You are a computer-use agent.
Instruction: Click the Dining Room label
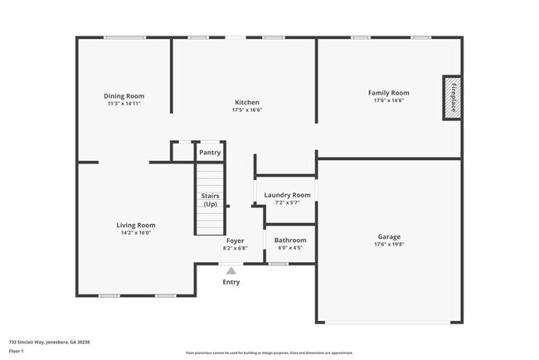(124, 96)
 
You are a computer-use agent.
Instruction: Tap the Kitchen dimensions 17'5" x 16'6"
(248, 109)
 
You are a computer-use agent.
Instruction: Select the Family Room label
(389, 93)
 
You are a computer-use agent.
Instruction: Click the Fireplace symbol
(453, 98)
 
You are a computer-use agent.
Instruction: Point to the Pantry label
(210, 153)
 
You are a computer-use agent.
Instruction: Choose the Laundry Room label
(287, 195)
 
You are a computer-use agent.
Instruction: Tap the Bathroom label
(290, 241)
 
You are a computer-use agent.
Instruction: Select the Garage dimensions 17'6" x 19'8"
(389, 245)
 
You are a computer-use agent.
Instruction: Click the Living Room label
(135, 225)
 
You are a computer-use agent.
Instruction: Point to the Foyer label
(235, 241)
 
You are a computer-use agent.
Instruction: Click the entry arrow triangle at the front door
(231, 270)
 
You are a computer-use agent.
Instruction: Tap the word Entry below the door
(231, 282)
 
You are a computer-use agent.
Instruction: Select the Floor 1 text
(17, 352)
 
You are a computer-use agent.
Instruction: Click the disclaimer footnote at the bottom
(269, 353)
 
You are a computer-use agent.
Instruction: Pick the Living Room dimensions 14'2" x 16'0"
(135, 233)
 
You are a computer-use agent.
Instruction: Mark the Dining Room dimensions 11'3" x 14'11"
(124, 104)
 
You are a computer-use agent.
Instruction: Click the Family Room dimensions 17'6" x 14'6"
(389, 101)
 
